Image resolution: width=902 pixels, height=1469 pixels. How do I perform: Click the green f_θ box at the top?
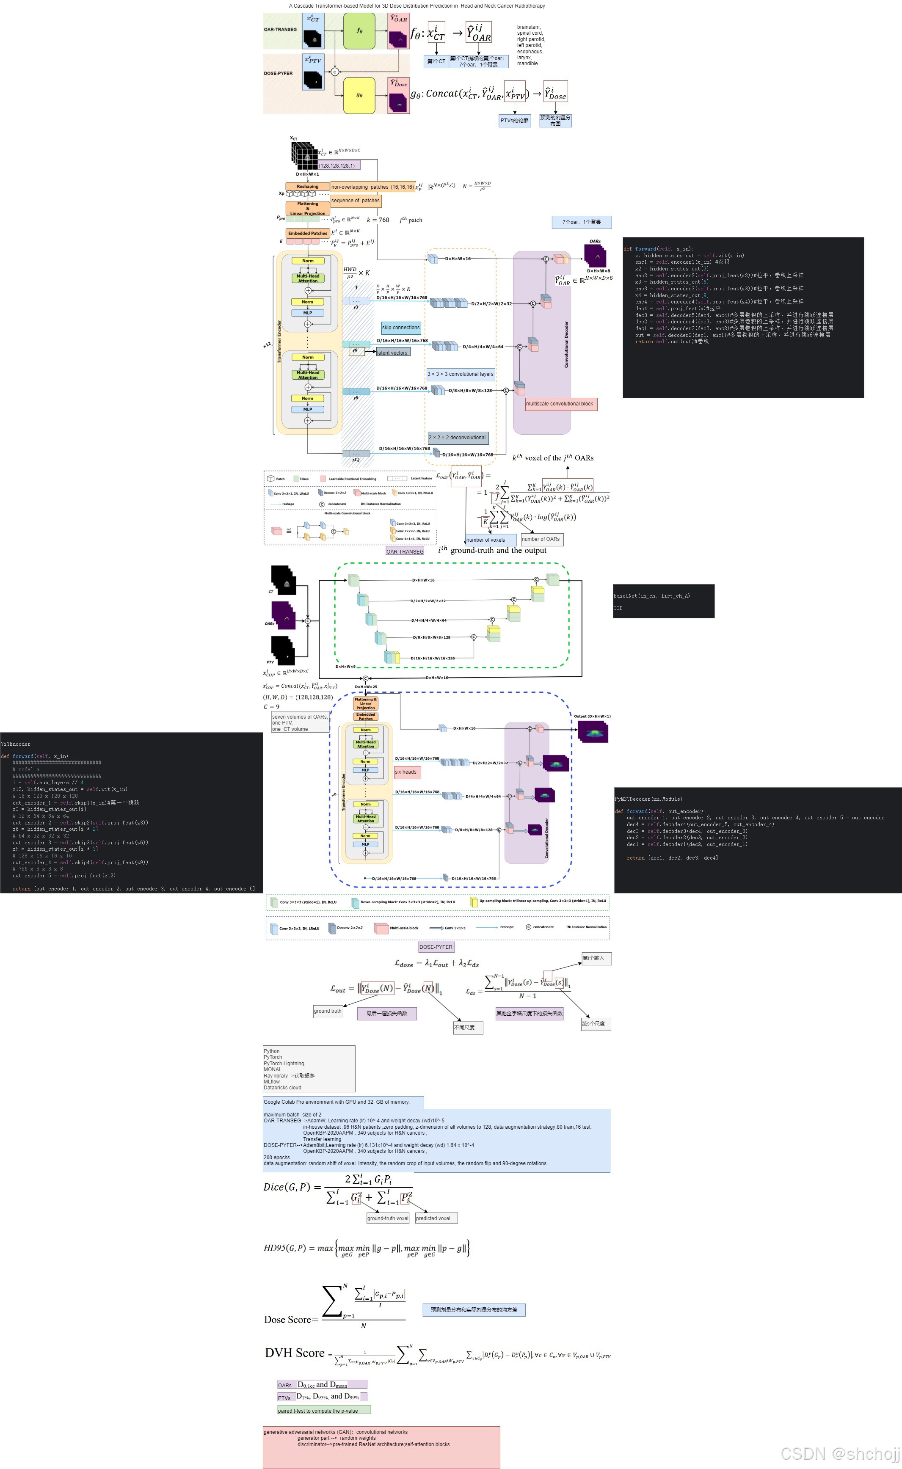pyautogui.click(x=359, y=31)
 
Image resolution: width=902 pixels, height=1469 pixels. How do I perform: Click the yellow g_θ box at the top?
pyautogui.click(x=359, y=95)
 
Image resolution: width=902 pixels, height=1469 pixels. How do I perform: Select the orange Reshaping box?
pyautogui.click(x=307, y=187)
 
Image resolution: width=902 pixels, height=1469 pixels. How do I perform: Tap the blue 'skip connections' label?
pyautogui.click(x=401, y=328)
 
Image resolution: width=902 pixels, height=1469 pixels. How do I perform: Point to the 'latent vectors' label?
pyautogui.click(x=392, y=353)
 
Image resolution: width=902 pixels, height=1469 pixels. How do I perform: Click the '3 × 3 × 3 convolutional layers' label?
pyautogui.click(x=460, y=374)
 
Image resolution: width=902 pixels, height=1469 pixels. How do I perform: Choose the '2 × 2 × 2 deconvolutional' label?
pyautogui.click(x=458, y=437)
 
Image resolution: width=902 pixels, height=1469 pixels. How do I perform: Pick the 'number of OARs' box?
pyautogui.click(x=541, y=539)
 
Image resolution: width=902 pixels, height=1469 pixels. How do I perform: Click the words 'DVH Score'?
pyautogui.click(x=295, y=1353)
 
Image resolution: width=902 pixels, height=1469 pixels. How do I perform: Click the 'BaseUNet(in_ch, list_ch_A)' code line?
pyautogui.click(x=651, y=596)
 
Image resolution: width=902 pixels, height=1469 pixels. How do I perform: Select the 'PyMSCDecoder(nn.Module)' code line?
pyautogui.click(x=648, y=799)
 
